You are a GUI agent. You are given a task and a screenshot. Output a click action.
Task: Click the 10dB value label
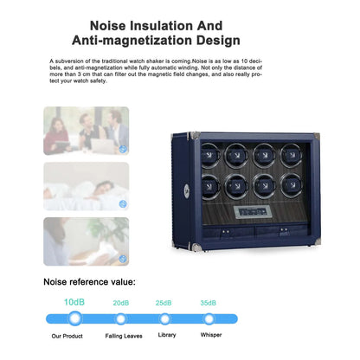tap(74, 302)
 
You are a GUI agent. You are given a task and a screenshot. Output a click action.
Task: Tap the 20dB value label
tap(121, 303)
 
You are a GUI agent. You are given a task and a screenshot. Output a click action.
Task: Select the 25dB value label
tap(164, 303)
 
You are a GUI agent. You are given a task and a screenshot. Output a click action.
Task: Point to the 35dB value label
tap(209, 303)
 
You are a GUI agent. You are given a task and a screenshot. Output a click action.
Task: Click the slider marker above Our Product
tap(75, 318)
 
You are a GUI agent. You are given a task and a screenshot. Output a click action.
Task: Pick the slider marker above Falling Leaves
tap(120, 319)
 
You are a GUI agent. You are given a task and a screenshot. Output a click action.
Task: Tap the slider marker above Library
tap(164, 319)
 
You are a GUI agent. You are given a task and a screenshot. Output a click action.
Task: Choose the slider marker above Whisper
tap(209, 319)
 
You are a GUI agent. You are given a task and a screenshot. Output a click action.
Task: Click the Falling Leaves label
tap(124, 336)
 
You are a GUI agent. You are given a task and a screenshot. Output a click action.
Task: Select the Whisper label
tap(211, 335)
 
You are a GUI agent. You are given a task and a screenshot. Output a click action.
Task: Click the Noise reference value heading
tap(89, 282)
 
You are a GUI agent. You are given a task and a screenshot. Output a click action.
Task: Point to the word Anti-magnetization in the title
tap(132, 40)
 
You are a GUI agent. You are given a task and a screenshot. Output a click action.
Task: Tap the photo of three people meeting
tap(87, 131)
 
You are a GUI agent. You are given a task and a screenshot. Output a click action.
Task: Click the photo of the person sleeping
tap(87, 186)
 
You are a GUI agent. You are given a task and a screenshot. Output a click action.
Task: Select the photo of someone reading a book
tap(87, 241)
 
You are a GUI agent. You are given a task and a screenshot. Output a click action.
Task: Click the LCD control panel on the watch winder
tap(252, 212)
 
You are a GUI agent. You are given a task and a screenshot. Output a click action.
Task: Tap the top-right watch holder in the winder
tap(291, 156)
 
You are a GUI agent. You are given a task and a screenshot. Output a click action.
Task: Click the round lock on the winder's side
tap(187, 190)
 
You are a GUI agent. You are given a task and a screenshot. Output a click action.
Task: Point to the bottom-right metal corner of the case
tap(316, 241)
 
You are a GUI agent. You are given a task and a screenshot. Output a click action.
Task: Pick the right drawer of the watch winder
tap(281, 233)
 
